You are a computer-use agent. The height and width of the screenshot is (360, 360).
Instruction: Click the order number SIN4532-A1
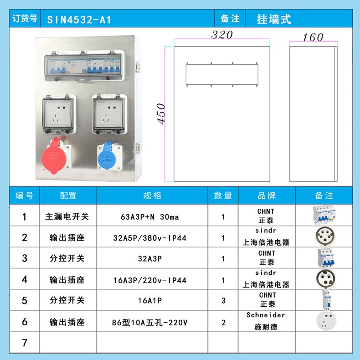coord(79,20)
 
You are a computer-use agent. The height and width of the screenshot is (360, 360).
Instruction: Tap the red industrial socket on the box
coord(56,156)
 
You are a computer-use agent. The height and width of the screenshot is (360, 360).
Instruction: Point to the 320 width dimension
coord(222,35)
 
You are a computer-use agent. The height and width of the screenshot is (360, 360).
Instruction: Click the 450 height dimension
coord(161,114)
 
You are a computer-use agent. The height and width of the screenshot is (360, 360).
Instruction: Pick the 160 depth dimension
coord(313,37)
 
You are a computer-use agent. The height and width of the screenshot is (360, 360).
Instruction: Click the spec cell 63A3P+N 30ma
coord(149,217)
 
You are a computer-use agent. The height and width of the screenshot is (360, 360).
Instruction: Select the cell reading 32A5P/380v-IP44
coord(149,238)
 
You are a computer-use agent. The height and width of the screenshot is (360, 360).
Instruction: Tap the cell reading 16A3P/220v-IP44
coord(149,280)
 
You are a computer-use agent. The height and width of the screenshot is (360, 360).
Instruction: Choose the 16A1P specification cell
coord(149,300)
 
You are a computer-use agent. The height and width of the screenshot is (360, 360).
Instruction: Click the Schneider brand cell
coord(266,321)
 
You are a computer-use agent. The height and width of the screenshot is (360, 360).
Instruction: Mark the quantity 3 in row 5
coord(223,300)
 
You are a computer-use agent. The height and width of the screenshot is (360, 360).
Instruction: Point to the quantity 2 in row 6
coord(223,323)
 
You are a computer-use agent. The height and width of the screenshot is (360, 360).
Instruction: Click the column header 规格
coord(152,195)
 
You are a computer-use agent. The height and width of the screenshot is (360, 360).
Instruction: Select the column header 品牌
coord(267,195)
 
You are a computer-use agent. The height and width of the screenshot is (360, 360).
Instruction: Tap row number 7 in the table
coord(25,343)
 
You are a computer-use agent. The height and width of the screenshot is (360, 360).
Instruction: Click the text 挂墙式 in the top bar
coord(274,19)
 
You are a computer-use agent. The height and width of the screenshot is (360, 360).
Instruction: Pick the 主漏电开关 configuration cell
coord(67,216)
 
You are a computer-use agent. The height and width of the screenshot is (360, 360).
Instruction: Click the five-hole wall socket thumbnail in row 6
coord(326,321)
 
